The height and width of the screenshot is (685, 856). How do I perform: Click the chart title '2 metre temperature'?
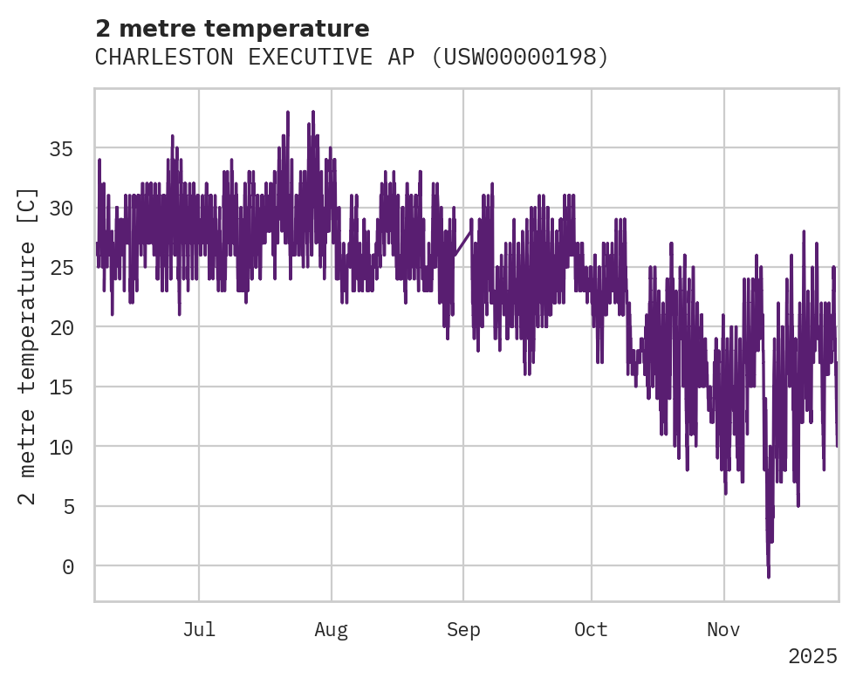click(x=232, y=29)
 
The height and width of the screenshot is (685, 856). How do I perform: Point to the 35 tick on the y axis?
click(x=60, y=149)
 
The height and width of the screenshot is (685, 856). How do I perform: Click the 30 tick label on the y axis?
click(x=60, y=209)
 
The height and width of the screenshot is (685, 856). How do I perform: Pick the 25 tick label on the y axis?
click(x=60, y=268)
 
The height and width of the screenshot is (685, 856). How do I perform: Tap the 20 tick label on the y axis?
click(x=60, y=327)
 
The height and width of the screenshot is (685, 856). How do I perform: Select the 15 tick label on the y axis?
click(x=60, y=387)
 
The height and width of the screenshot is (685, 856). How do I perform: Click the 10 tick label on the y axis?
click(x=60, y=447)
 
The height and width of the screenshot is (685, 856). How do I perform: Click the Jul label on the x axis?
click(x=199, y=630)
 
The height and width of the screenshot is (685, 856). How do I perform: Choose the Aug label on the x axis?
click(x=332, y=630)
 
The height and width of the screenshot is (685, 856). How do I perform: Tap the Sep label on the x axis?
click(x=463, y=630)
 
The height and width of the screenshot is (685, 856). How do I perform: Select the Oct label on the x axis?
click(x=591, y=630)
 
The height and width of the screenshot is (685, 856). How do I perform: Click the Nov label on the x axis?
click(x=724, y=630)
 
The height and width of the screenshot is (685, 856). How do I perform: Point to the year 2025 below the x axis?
click(x=812, y=656)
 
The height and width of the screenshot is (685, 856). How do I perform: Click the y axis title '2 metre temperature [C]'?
click(x=27, y=346)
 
